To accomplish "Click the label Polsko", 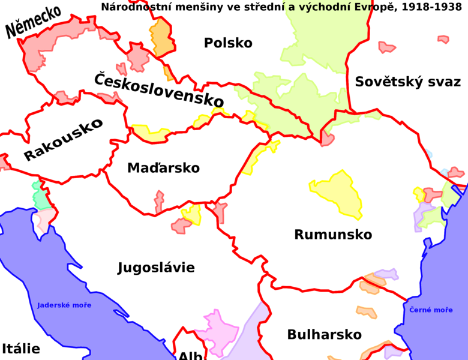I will (228, 43).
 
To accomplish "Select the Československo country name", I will (159, 89).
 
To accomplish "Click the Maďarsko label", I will (163, 169).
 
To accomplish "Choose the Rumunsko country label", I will (333, 235).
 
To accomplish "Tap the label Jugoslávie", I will (156, 268).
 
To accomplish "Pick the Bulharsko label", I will (324, 334).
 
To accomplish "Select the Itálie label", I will (20, 349).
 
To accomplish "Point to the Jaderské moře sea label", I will (64, 305).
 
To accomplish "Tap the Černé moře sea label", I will (431, 310).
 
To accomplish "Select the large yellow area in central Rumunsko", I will (337, 194).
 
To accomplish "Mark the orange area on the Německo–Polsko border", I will (161, 37).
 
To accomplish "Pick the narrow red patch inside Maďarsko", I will (158, 202).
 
